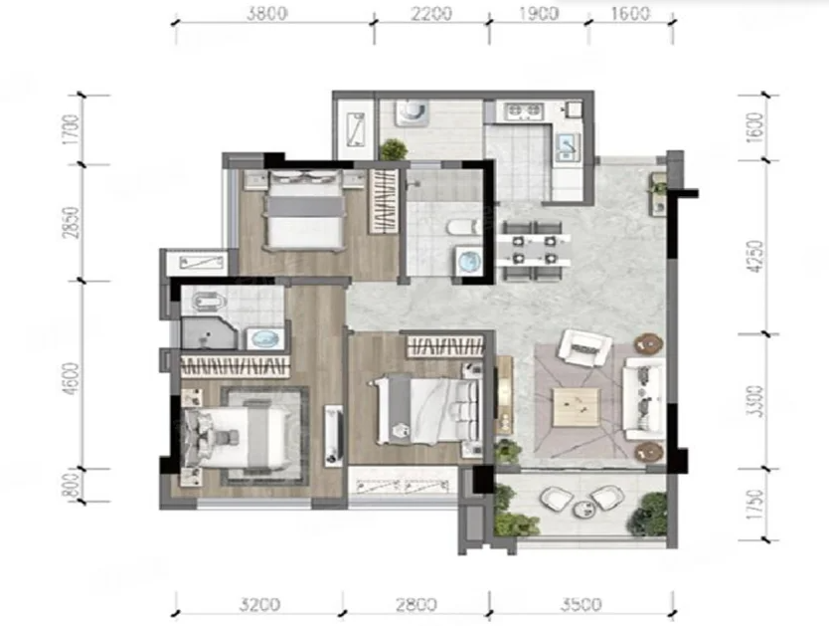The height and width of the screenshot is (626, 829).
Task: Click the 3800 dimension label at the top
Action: pyautogui.click(x=267, y=13)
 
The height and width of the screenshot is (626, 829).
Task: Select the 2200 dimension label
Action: pyautogui.click(x=432, y=13)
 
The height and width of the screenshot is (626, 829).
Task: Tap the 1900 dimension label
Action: pyautogui.click(x=538, y=13)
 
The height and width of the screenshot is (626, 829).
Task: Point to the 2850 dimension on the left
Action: pyautogui.click(x=72, y=222)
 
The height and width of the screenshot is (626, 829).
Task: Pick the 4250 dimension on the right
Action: pyautogui.click(x=757, y=256)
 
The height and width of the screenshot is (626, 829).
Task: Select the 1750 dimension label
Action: pyautogui.click(x=757, y=504)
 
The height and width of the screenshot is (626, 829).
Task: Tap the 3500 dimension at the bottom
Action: pyautogui.click(x=581, y=604)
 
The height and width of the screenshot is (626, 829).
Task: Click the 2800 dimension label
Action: pyautogui.click(x=416, y=604)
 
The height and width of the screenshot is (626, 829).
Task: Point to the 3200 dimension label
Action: pyautogui.click(x=258, y=604)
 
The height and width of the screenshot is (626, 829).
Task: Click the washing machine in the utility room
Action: pyautogui.click(x=412, y=112)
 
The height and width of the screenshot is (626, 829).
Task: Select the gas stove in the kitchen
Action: pyautogui.click(x=524, y=111)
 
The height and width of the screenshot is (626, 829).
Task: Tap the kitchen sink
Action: pyautogui.click(x=569, y=145)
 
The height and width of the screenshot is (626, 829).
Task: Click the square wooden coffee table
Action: pyautogui.click(x=577, y=407)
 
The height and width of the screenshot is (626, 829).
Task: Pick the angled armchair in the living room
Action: pyautogui.click(x=585, y=347)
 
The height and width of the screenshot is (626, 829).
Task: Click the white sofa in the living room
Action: pyautogui.click(x=643, y=398)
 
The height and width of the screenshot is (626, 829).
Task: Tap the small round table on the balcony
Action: pyautogui.click(x=584, y=509)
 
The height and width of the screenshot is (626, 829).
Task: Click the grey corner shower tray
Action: pyautogui.click(x=208, y=332)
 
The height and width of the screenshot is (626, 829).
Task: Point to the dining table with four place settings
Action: pyautogui.click(x=533, y=251)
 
